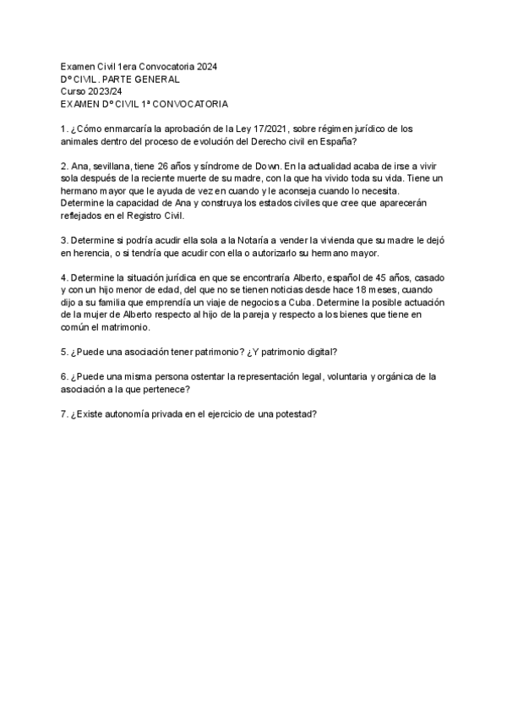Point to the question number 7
[x=64, y=414]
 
